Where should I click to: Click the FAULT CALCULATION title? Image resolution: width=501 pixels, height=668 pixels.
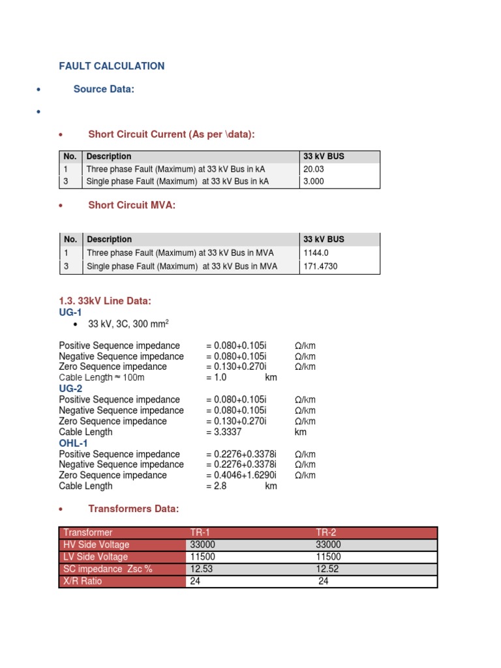pyautogui.click(x=112, y=66)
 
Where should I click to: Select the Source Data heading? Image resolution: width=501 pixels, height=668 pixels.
pyautogui.click(x=103, y=89)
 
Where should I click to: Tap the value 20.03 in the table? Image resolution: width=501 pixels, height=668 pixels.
pyautogui.click(x=314, y=169)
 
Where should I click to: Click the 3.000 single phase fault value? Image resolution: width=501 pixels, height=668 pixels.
pyautogui.click(x=314, y=181)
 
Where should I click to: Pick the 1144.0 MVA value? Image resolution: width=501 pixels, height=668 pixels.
pyautogui.click(x=316, y=252)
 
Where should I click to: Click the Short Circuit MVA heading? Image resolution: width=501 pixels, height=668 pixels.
pyautogui.click(x=132, y=205)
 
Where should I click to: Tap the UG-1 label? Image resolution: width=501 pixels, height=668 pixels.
pyautogui.click(x=70, y=312)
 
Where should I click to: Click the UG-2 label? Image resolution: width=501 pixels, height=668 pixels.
pyautogui.click(x=70, y=388)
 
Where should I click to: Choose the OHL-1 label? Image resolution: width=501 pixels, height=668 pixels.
pyautogui.click(x=73, y=443)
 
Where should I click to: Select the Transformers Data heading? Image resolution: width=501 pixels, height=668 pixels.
pyautogui.click(x=133, y=508)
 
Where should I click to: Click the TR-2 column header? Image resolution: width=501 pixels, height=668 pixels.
pyautogui.click(x=327, y=532)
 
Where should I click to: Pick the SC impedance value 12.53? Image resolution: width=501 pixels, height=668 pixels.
pyautogui.click(x=201, y=569)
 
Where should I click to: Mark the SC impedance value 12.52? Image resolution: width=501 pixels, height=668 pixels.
pyautogui.click(x=327, y=569)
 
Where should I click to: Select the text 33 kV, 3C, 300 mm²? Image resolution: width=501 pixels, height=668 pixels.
pyautogui.click(x=132, y=324)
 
